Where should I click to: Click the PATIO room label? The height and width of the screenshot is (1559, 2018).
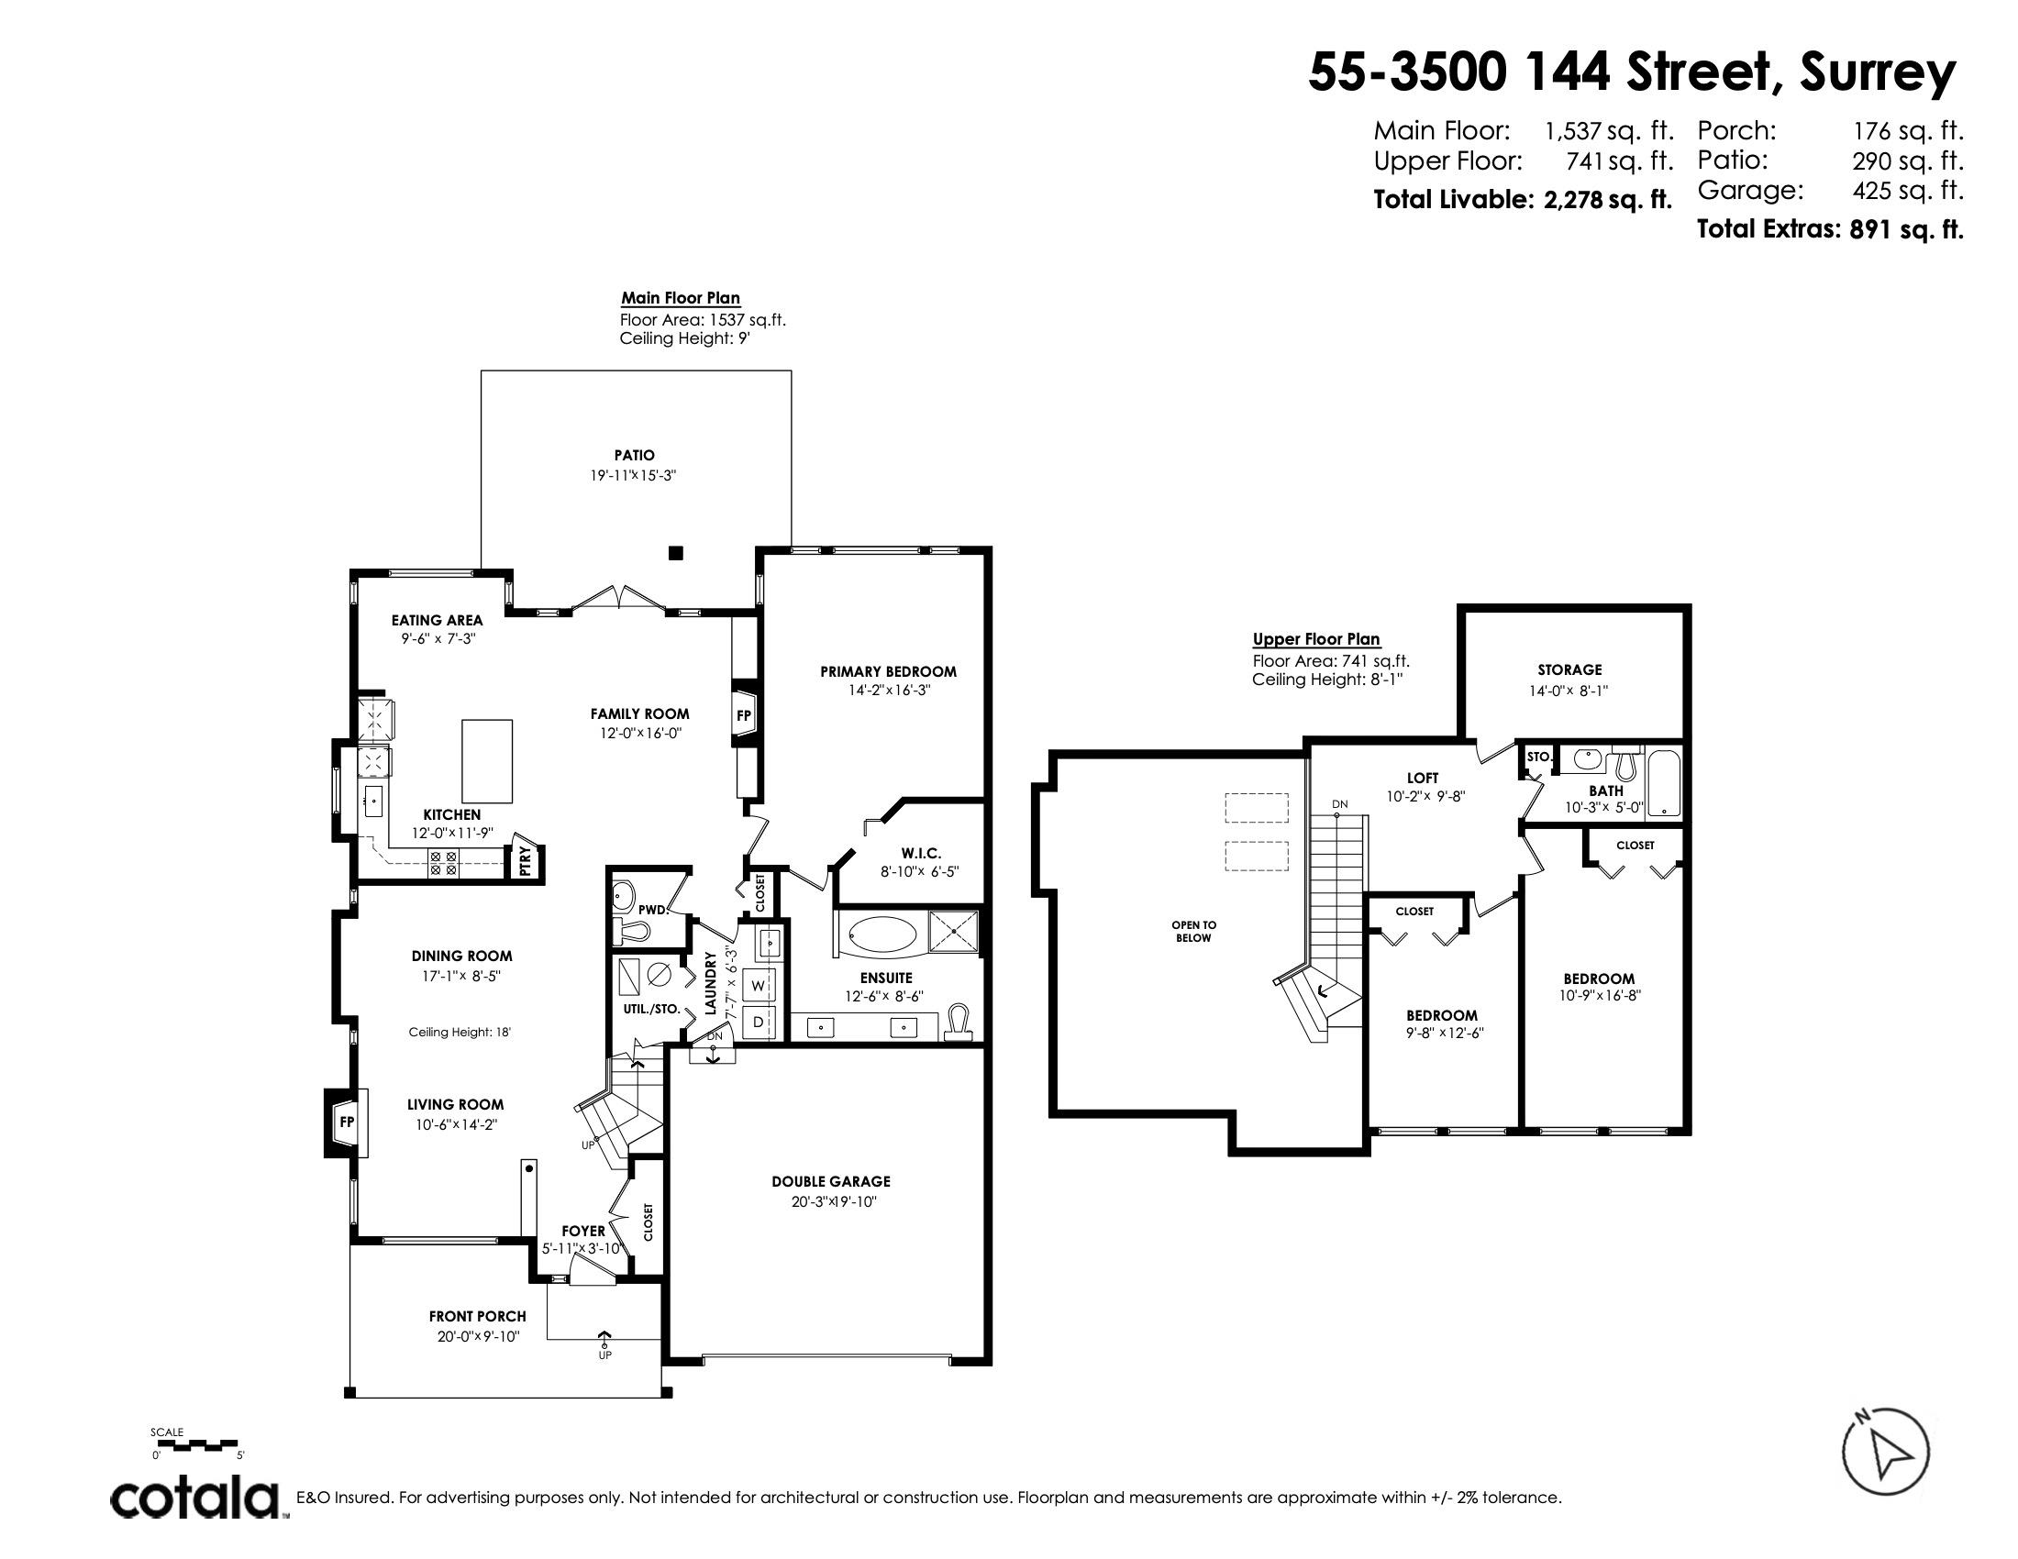(x=635, y=456)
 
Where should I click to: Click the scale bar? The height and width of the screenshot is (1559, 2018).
(x=195, y=1443)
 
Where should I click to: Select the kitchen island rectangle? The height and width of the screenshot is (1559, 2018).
(x=487, y=761)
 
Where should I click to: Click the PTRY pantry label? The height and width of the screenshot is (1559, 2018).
(x=525, y=860)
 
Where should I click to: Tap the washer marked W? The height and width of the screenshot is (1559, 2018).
(x=760, y=986)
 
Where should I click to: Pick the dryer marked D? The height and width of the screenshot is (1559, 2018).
(x=760, y=1022)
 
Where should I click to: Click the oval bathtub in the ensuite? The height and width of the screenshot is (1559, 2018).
(x=881, y=934)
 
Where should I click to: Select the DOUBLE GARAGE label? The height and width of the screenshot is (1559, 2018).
(x=831, y=1181)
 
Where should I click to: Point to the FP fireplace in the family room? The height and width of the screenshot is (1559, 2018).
(x=745, y=715)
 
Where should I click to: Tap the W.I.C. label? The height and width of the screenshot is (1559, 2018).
(x=920, y=854)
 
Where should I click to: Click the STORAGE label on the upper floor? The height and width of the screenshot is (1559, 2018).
(x=1569, y=669)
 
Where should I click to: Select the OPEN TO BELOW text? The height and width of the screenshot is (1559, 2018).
(x=1193, y=931)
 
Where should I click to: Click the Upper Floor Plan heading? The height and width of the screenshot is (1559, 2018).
(x=1315, y=639)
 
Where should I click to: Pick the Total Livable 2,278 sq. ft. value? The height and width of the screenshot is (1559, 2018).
(x=1608, y=200)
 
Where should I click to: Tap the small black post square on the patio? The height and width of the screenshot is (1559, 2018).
(x=675, y=553)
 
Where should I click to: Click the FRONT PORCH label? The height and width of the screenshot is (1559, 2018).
(x=478, y=1316)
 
